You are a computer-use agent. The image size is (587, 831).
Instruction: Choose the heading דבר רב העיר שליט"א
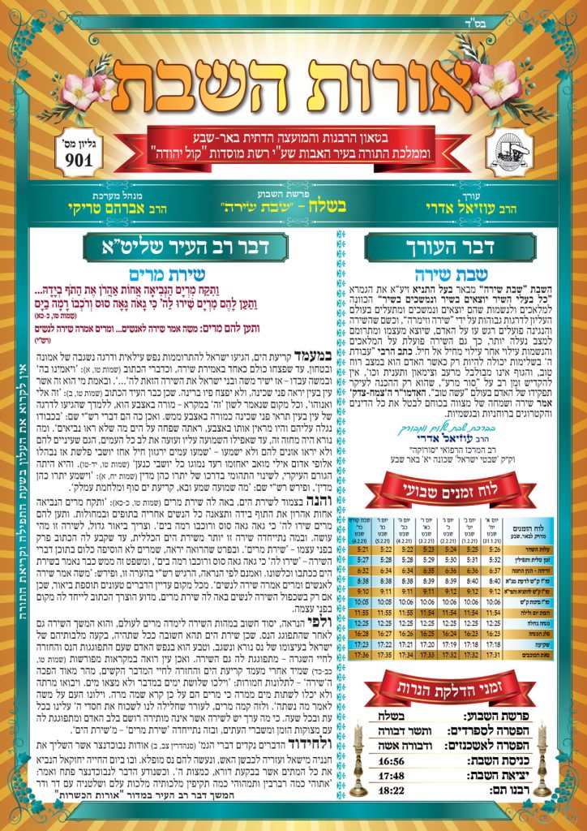pyautogui.click(x=200, y=247)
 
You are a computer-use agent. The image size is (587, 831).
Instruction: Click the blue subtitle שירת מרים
pyautogui.click(x=199, y=275)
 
